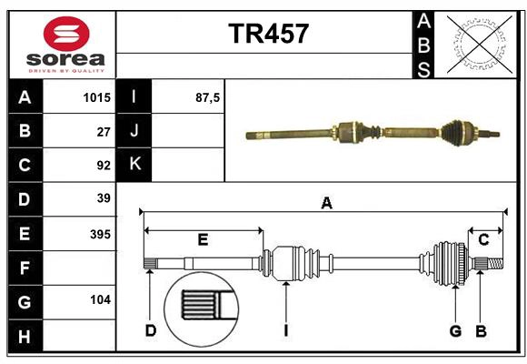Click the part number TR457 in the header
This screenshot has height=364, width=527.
pyautogui.click(x=268, y=34)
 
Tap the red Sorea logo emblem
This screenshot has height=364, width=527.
pyautogui.click(x=66, y=36)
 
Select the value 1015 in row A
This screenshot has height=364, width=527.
pyautogui.click(x=95, y=97)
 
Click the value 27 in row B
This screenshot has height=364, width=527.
pyautogui.click(x=103, y=131)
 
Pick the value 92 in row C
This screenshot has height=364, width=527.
pyautogui.click(x=103, y=165)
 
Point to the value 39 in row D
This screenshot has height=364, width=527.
pyautogui.click(x=103, y=198)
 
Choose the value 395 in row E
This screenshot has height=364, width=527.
pyautogui.click(x=100, y=234)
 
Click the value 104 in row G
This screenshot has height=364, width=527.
pyautogui.click(x=100, y=299)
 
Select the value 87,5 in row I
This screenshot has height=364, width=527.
pyautogui.click(x=208, y=97)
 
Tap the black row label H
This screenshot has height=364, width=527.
pyautogui.click(x=25, y=336)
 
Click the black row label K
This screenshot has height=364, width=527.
pyautogui.click(x=134, y=165)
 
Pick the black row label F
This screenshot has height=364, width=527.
pyautogui.click(x=25, y=268)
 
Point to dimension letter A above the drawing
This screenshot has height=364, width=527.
pyautogui.click(x=326, y=204)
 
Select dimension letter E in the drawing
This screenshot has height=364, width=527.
pyautogui.click(x=203, y=240)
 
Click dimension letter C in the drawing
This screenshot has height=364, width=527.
pyautogui.click(x=483, y=239)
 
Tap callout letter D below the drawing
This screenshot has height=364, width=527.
pyautogui.click(x=151, y=331)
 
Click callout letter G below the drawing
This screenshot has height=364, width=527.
pyautogui.click(x=455, y=331)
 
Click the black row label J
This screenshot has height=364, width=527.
pyautogui.click(x=134, y=131)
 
